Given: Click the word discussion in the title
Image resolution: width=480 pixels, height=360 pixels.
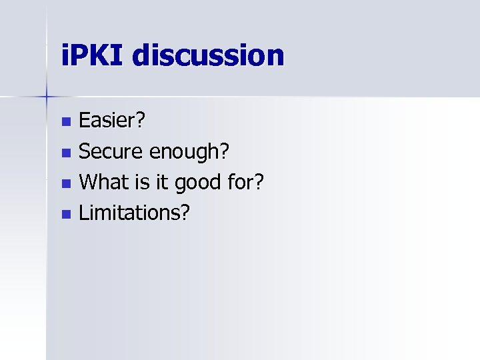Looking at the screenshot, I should (208, 55).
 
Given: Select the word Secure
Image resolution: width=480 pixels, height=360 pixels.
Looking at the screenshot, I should (111, 152).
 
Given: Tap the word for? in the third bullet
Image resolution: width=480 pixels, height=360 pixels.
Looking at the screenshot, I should (245, 182).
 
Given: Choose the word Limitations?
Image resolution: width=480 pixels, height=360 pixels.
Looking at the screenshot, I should (134, 213).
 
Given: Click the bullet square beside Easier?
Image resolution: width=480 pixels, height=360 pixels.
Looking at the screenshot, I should (65, 122).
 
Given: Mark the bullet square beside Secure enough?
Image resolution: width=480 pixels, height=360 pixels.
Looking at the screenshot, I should (65, 153).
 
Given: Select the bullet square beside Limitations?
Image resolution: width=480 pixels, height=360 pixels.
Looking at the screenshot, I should (65, 214).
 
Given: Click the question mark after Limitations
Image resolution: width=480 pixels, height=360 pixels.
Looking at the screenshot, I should (185, 213).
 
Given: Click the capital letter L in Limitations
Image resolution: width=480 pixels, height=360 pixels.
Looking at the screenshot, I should (83, 213).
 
